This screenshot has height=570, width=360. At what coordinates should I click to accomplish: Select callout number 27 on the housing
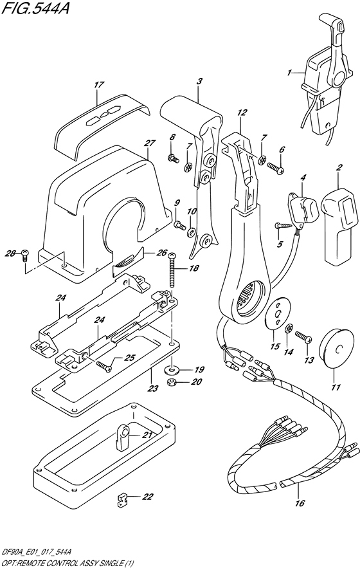(x=149, y=143)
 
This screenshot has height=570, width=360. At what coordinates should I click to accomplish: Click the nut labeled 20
(x=172, y=385)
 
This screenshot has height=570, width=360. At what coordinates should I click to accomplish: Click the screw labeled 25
(x=104, y=366)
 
